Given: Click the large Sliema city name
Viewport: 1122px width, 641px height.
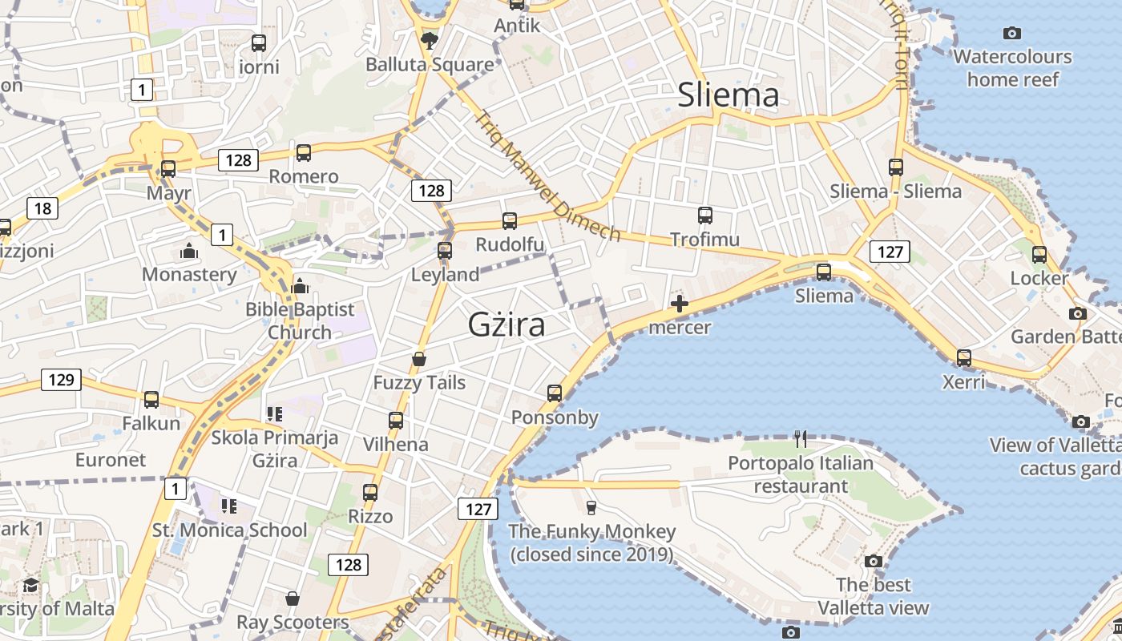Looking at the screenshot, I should pos(728,95).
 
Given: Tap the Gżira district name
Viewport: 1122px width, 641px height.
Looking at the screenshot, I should pos(507,325).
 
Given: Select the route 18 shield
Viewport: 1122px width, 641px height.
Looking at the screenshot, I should pos(42,209).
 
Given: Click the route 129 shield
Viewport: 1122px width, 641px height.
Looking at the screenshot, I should pos(61,379).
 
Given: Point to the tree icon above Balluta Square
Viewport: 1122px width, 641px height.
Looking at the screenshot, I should pos(430,40).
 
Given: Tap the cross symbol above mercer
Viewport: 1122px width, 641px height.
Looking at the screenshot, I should pos(680,304).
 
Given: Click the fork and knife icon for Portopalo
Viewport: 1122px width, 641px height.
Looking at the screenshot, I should pos(800,438).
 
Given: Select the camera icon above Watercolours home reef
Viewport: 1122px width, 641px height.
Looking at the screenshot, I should pos(1012,33).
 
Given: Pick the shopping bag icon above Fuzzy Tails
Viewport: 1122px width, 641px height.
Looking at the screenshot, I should pos(418,359).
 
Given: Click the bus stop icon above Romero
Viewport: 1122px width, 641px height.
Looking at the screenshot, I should pos(303,152).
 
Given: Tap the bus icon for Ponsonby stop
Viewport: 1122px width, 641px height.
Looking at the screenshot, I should pos(555,393).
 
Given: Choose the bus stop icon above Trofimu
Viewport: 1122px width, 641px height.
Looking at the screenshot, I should pos(704,215).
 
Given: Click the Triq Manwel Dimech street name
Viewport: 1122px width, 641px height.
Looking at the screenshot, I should pos(547,177).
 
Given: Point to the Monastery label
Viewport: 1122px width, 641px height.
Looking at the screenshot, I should pos(189,275).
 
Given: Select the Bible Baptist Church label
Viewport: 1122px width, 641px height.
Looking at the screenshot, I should pos(300,320).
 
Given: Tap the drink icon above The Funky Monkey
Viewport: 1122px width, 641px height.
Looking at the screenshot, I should pos(591,507).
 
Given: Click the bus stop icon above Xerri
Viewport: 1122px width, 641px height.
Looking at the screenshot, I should pos(963,358).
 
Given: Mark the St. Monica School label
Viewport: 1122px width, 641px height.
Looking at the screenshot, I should pos(229,530).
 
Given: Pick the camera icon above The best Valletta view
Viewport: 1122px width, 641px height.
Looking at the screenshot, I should pos(873,561).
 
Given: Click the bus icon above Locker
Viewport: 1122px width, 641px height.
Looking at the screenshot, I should pos(1039,255).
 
